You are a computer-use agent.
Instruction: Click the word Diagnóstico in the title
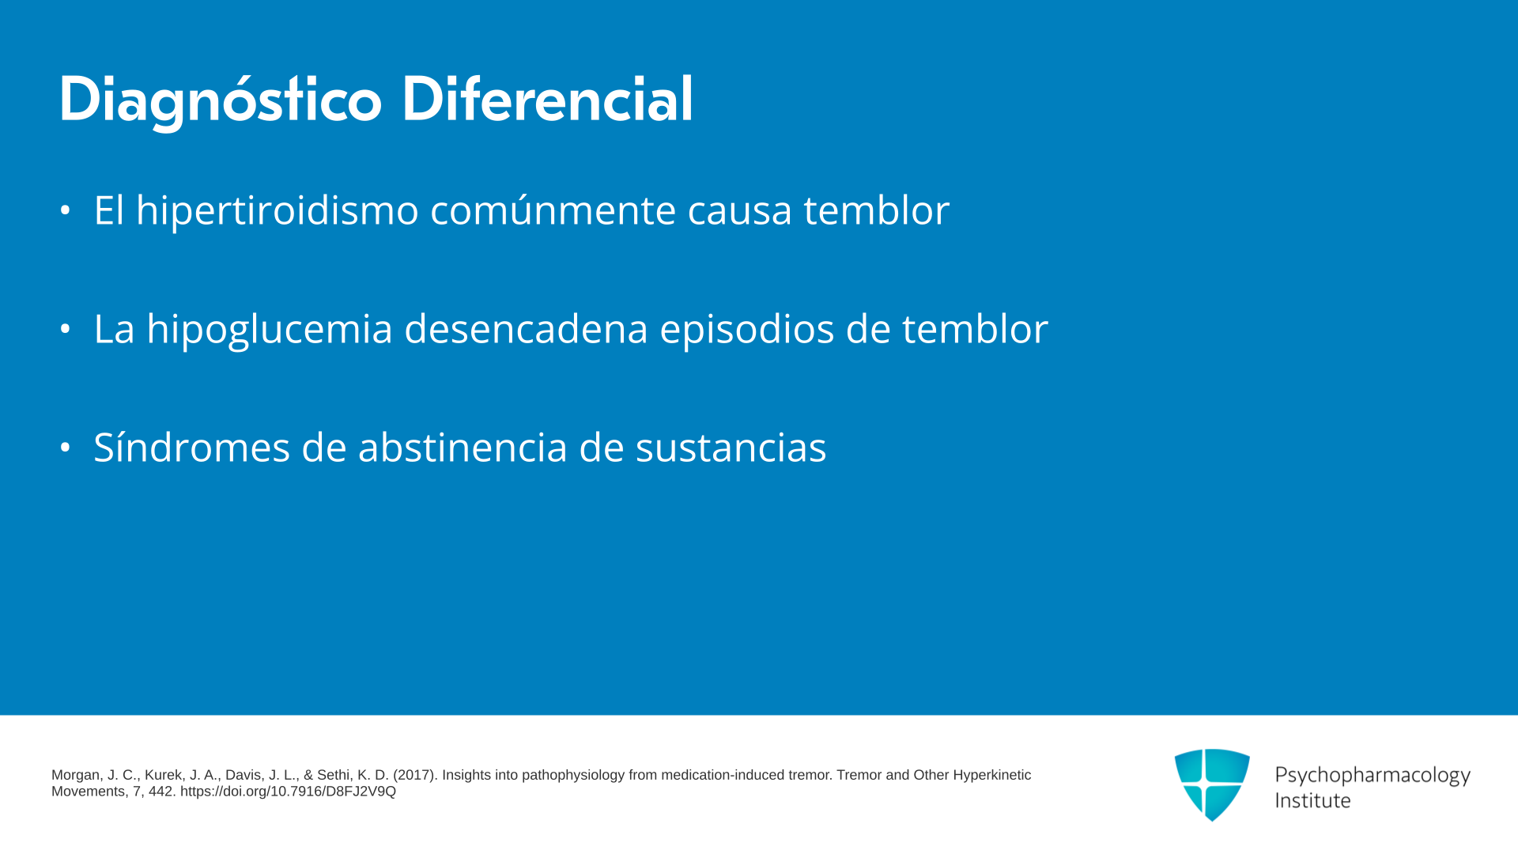tap(221, 100)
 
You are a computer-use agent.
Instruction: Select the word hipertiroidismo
tap(278, 211)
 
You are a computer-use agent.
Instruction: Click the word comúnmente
tap(553, 210)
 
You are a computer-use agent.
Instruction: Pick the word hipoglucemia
tap(270, 330)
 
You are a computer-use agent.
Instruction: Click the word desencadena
tap(526, 329)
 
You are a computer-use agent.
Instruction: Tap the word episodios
tap(747, 330)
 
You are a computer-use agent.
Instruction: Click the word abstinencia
tap(463, 448)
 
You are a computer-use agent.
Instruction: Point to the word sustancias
tap(731, 448)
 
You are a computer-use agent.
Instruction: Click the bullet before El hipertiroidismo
tap(66, 211)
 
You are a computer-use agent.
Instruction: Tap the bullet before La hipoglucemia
tap(66, 329)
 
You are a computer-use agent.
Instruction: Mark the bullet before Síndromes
tap(66, 448)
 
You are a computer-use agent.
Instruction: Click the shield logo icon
tap(1212, 784)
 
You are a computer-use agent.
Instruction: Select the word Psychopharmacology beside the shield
tap(1373, 776)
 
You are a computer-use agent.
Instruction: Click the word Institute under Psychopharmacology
tap(1312, 801)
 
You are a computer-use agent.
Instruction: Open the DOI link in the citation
tap(288, 792)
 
